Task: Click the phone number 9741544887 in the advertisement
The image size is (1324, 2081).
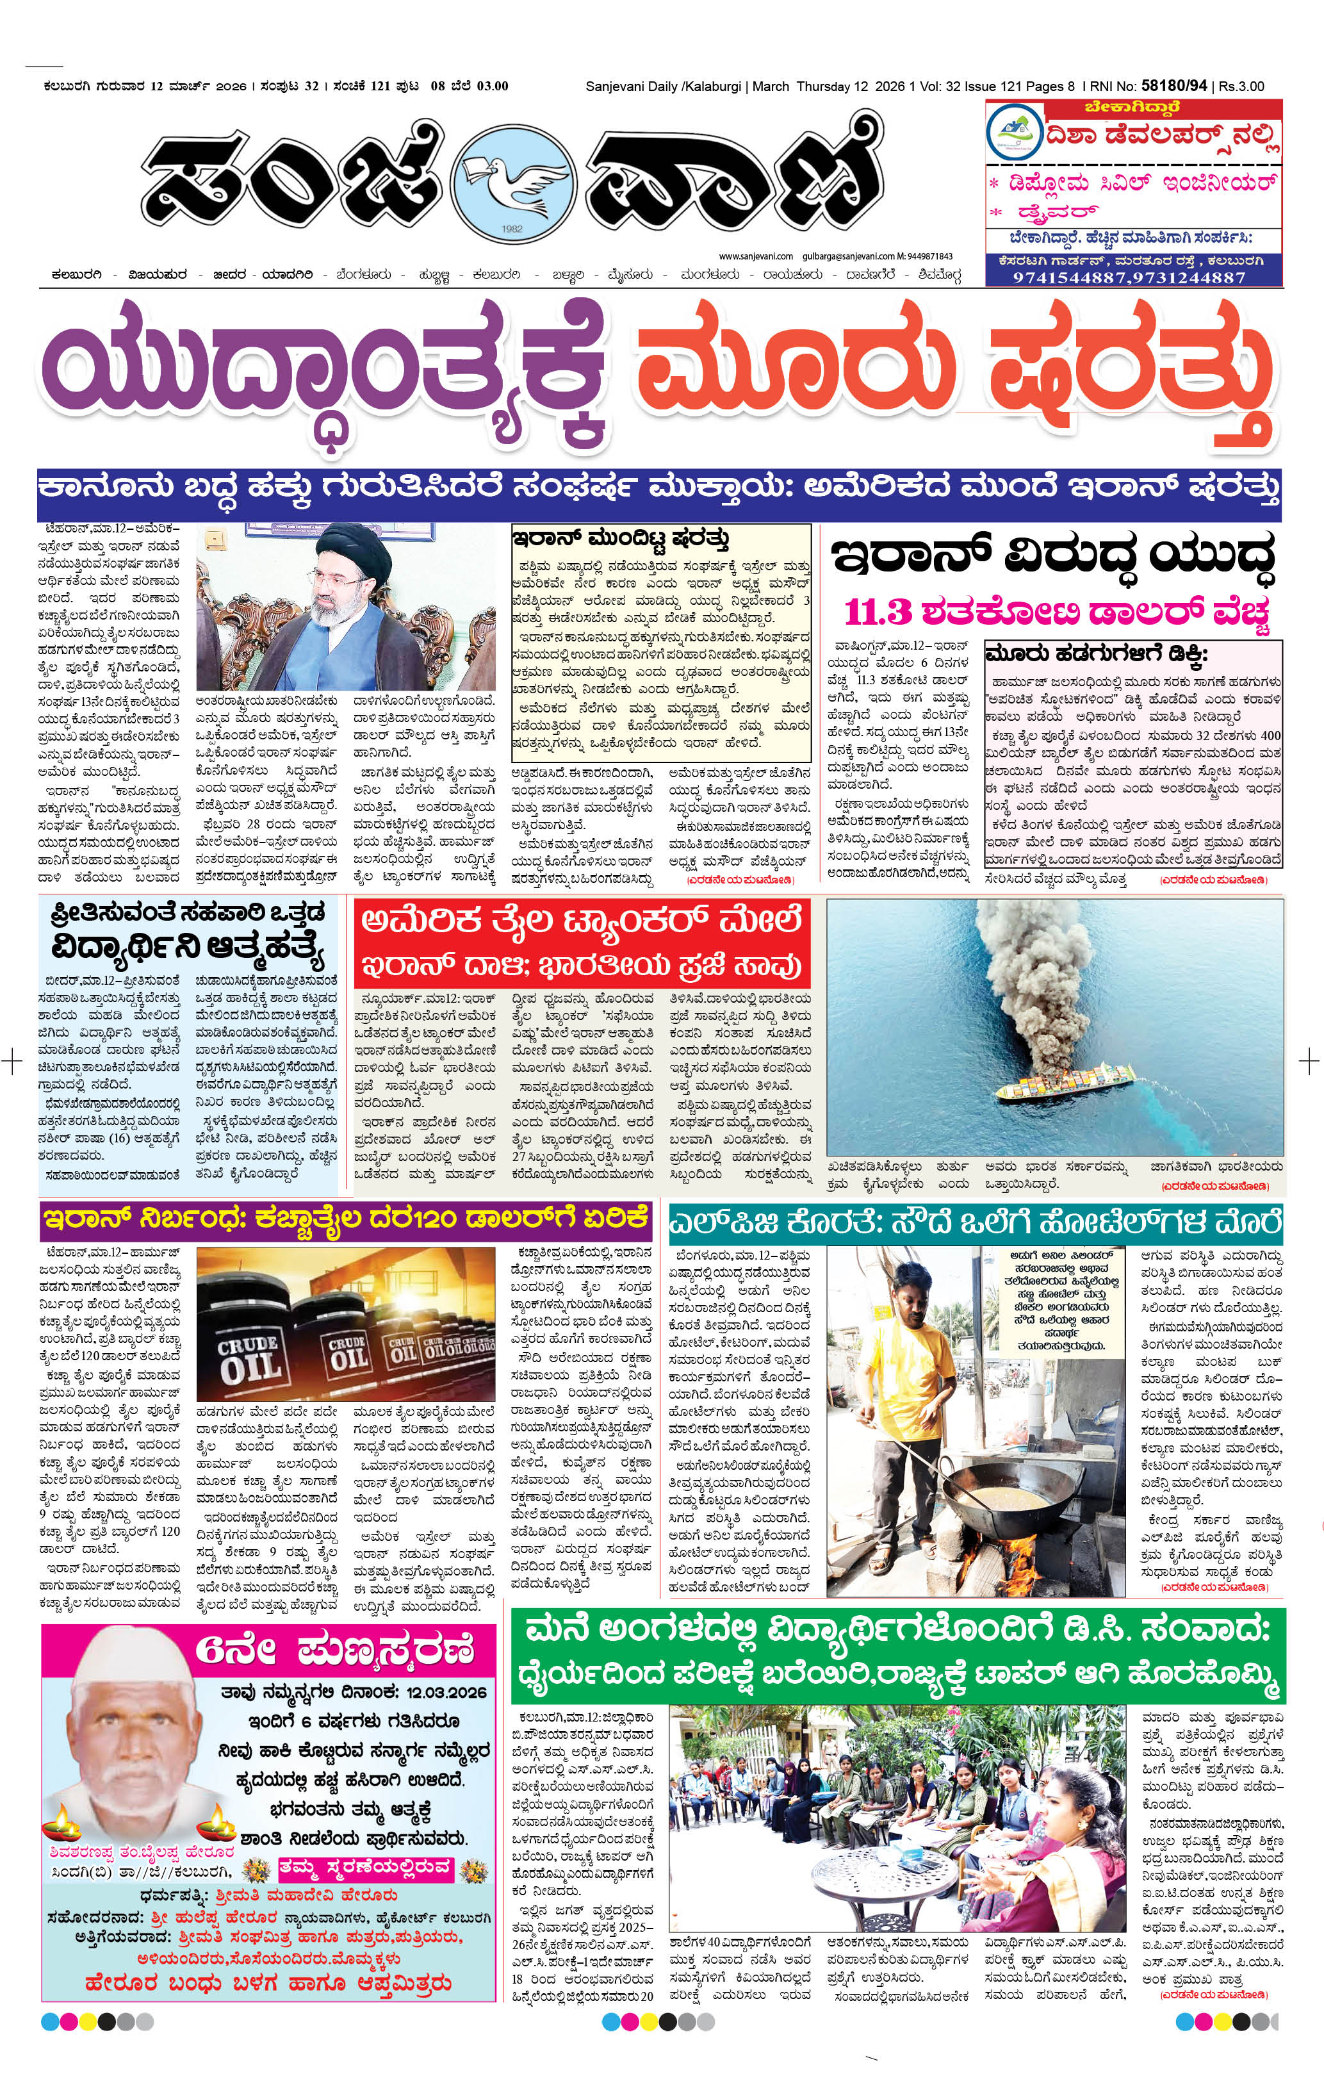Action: click(1071, 278)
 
